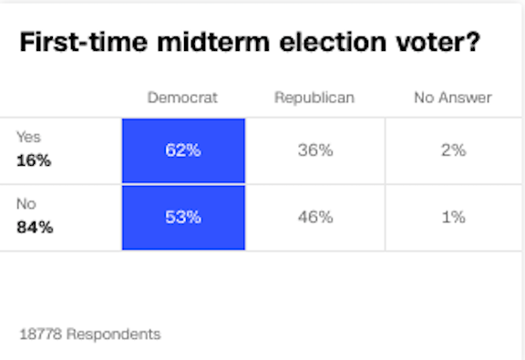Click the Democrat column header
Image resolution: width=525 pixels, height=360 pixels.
182,98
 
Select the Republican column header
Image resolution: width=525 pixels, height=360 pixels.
314,98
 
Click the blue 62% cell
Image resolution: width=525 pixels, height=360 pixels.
183,151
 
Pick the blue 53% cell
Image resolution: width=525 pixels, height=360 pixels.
183,218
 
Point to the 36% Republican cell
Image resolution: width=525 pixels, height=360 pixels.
314,151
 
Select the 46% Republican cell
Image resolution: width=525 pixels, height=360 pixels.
314,218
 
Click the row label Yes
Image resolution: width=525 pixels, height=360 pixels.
29,138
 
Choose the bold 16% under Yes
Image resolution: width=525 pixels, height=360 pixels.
35,161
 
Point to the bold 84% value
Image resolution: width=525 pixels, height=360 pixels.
35,228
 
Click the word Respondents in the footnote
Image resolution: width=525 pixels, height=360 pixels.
113,334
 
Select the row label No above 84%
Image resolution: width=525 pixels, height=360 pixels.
26,204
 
